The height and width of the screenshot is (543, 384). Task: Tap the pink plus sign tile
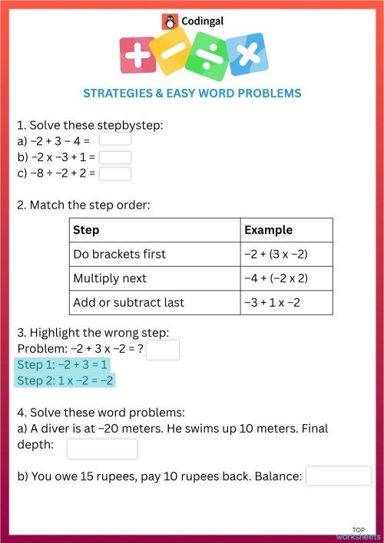(x=138, y=55)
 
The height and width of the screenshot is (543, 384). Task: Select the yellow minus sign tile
(x=171, y=51)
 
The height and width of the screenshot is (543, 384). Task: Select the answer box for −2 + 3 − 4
(x=115, y=140)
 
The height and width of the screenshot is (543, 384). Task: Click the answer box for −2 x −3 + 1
(x=115, y=156)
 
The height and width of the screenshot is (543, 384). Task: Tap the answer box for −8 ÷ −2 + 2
(x=115, y=173)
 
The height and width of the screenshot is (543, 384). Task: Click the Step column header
(x=86, y=230)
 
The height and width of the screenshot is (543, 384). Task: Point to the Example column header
(x=268, y=230)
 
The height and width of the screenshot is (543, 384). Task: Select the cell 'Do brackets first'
(x=119, y=254)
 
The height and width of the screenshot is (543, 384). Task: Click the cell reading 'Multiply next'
(x=110, y=278)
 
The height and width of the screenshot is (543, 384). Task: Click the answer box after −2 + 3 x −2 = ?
(x=162, y=350)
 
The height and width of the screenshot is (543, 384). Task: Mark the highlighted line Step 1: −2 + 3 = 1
(x=63, y=365)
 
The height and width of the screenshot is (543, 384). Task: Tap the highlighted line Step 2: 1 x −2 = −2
(x=66, y=380)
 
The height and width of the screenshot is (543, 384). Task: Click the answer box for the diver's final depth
(x=101, y=449)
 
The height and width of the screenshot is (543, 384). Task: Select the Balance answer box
(x=338, y=476)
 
